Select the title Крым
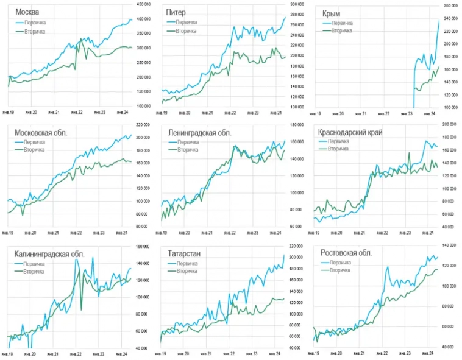tap(333, 13)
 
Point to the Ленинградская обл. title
tap(198, 132)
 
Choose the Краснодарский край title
tap(350, 132)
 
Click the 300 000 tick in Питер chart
tap(297, 5)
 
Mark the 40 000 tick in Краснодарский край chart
tap(450, 227)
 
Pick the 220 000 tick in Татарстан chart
tap(297, 246)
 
